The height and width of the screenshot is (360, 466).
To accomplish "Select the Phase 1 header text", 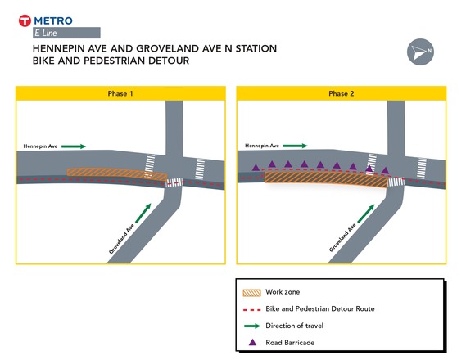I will pos(120,94).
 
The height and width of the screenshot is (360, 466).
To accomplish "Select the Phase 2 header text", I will pos(341,94).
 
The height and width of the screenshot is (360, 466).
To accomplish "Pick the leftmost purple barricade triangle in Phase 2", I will pos(256,167).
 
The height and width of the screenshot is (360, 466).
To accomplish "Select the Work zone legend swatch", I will pos(252,291).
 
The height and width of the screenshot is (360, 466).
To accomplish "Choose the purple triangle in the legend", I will pos(252,343).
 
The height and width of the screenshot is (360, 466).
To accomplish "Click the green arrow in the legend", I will pos(252,326).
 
